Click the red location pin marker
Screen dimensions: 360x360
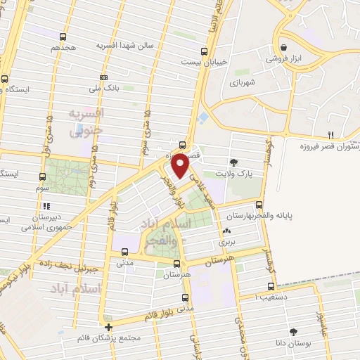point(181,166)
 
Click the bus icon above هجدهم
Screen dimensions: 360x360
point(63,37)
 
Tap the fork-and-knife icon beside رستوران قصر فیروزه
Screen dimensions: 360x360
point(330,135)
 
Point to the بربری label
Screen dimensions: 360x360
point(226,241)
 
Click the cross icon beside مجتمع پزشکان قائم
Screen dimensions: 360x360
point(108,327)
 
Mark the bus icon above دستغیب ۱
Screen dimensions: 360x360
point(271,286)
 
